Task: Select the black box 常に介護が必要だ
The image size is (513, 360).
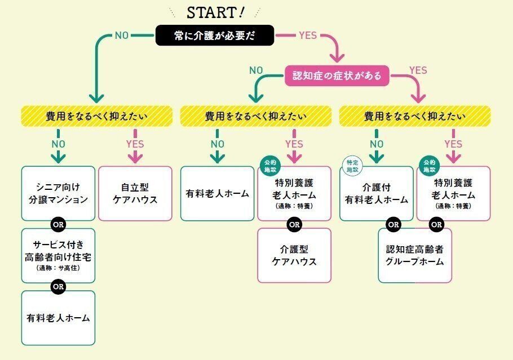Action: point(215,35)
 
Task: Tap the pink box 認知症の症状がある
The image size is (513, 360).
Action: point(337,75)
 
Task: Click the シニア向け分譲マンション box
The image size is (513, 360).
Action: point(59,193)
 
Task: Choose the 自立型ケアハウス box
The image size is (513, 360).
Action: point(135,193)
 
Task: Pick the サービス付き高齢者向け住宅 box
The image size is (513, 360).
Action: point(59,255)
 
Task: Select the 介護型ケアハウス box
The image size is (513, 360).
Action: point(294,255)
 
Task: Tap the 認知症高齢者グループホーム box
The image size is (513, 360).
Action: point(415,255)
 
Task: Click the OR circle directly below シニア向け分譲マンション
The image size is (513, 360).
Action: point(59,224)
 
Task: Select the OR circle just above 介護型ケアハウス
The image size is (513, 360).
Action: point(294,224)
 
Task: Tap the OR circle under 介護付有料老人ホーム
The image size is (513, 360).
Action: point(393,224)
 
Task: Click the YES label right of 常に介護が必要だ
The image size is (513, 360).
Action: point(308,35)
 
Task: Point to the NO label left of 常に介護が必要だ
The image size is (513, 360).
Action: point(122,35)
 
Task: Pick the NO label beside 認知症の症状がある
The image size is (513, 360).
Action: point(256,70)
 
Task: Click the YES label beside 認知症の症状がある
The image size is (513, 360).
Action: point(418,70)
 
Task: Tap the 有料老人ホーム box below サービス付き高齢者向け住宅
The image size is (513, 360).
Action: point(59,317)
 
